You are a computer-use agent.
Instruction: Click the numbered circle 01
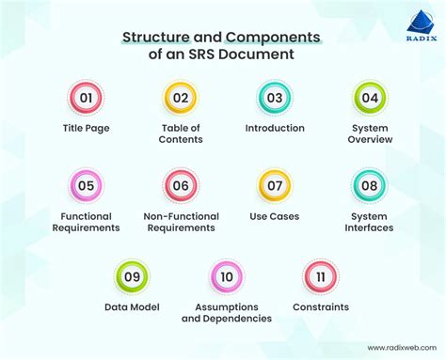[x=86, y=98]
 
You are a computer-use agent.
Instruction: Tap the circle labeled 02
[x=181, y=98]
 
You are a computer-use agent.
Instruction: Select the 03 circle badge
[x=275, y=98]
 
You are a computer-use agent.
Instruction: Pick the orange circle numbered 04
[x=370, y=98]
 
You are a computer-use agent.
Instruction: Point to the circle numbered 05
[x=86, y=185]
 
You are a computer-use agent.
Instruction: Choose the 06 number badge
[x=181, y=185]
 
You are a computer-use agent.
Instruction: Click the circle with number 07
[x=275, y=185]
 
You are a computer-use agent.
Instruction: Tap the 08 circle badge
[x=370, y=185]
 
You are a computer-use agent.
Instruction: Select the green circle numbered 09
[x=132, y=276]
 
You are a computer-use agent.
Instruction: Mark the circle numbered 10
[x=227, y=276]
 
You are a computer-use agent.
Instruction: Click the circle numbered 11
[x=321, y=276]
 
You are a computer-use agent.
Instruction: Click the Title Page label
[x=86, y=128]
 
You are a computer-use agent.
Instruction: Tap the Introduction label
[x=275, y=128]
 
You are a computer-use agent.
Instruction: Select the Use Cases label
[x=275, y=215]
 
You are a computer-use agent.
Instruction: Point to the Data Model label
[x=132, y=306]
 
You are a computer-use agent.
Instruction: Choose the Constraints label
[x=321, y=306]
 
